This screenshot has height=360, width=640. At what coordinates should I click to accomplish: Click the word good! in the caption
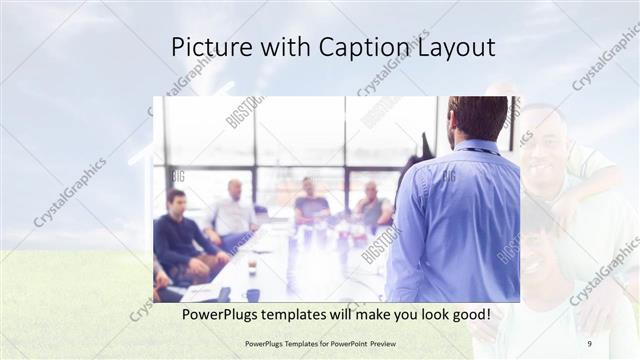466,314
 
